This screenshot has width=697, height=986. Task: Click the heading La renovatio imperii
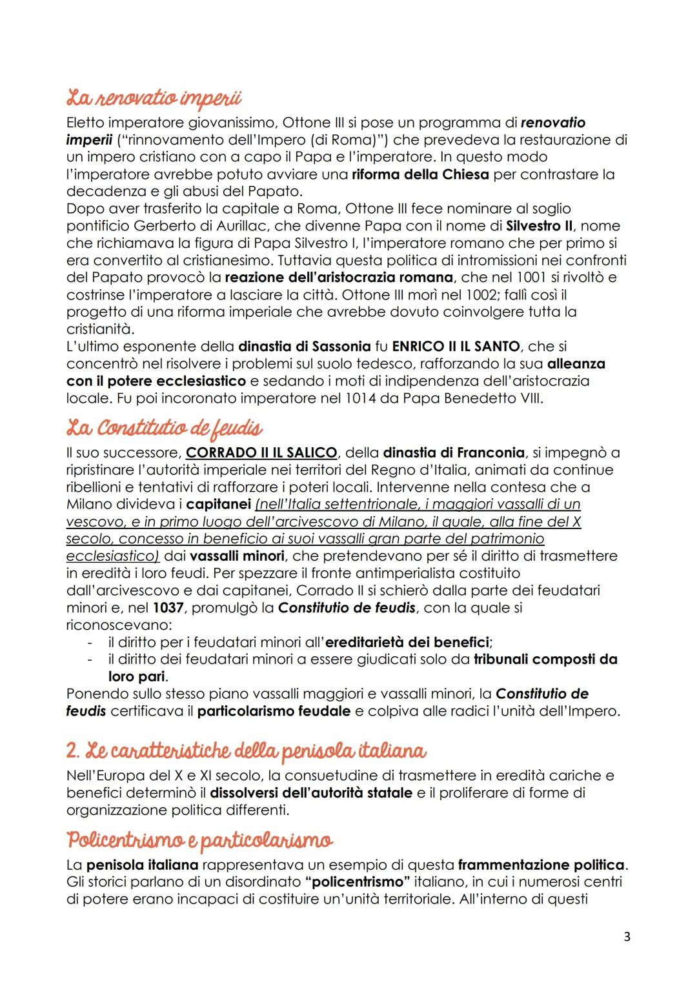[154, 98]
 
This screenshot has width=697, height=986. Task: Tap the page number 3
[627, 936]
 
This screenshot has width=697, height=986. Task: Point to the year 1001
[533, 277]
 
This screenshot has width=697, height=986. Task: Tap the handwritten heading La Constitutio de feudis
[165, 428]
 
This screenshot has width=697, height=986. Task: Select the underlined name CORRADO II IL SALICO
[261, 453]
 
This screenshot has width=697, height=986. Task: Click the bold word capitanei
[218, 505]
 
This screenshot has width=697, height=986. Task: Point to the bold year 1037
[168, 608]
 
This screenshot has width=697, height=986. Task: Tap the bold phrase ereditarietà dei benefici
[407, 643]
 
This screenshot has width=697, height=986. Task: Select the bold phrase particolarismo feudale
[274, 711]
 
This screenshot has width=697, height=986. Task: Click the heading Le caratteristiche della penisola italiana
[246, 751]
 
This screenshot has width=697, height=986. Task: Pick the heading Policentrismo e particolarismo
[200, 841]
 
